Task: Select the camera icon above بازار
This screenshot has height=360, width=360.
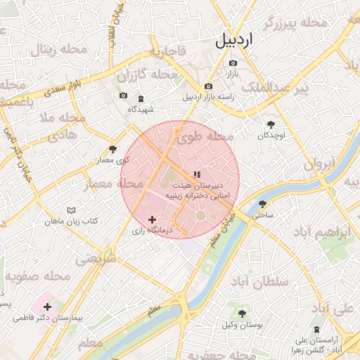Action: coord(233,63)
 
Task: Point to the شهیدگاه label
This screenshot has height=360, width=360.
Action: coord(141,109)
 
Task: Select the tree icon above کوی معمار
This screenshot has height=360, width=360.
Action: coord(112,149)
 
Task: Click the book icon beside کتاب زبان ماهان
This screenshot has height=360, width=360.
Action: coord(70,210)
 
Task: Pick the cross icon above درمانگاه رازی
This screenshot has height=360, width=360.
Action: coord(152,220)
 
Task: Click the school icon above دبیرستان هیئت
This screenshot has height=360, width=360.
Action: coord(197,174)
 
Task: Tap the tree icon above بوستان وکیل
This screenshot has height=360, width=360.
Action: coord(243,314)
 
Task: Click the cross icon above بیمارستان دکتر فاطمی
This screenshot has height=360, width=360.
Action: coord(47,307)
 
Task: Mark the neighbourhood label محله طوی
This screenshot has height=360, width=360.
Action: coord(205,138)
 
